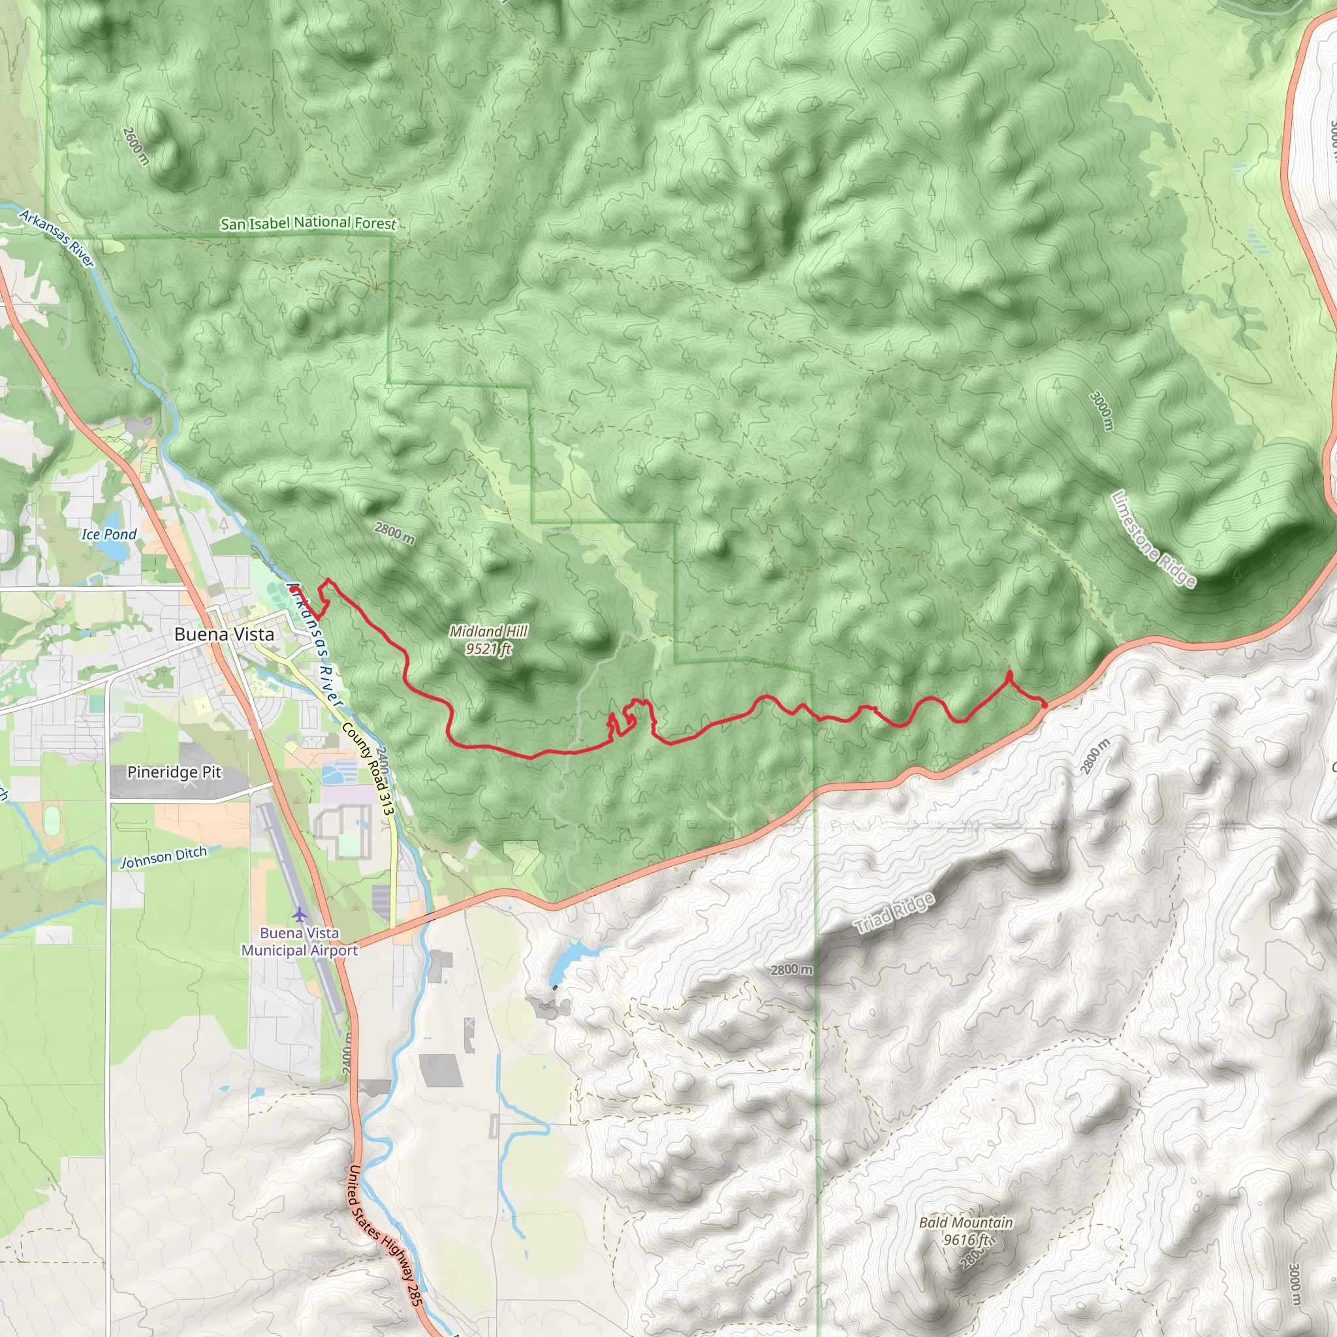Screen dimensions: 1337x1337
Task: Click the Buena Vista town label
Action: [223, 635]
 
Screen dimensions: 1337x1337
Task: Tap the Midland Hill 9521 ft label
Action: [488, 639]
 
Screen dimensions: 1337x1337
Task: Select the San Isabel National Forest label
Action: [308, 223]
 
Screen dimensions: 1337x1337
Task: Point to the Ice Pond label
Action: [108, 534]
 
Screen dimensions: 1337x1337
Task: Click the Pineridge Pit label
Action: [174, 772]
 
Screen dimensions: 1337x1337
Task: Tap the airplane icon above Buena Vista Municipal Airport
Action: [299, 914]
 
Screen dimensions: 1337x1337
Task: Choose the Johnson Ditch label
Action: [164, 857]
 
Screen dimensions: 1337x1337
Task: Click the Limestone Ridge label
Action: [1153, 540]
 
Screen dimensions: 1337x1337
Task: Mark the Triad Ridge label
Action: [894, 913]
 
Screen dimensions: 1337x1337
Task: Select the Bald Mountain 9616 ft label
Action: [966, 1231]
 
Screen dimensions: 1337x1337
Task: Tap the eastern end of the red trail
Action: [1045, 704]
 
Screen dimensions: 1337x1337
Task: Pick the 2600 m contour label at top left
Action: [136, 146]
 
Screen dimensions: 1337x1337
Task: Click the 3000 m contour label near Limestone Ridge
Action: [1102, 411]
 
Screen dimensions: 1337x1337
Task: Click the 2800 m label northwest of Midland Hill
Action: [394, 533]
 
